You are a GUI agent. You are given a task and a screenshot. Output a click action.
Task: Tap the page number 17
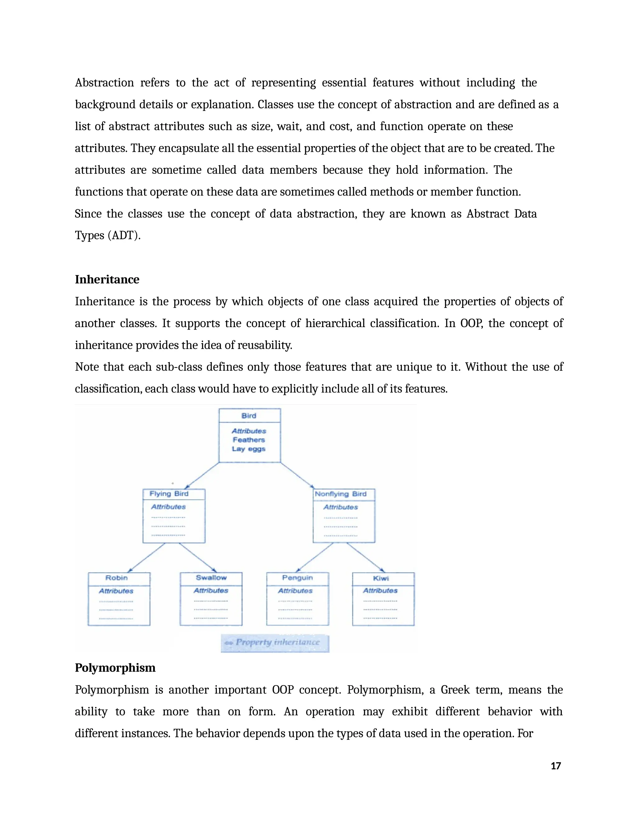click(556, 766)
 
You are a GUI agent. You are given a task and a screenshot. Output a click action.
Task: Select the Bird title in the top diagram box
click(249, 416)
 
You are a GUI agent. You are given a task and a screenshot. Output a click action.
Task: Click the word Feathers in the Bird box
click(249, 440)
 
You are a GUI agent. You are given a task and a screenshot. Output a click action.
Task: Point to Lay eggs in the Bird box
click(249, 449)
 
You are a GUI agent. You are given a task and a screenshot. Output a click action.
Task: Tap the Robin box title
click(116, 578)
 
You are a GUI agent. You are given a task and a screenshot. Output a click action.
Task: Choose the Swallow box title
click(211, 578)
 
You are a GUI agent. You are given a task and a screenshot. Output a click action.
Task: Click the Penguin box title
click(297, 578)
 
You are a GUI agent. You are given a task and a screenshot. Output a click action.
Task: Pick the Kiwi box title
click(381, 578)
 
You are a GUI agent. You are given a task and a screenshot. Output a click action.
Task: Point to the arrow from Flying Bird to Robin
click(147, 557)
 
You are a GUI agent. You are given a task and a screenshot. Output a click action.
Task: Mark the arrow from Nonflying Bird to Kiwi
click(365, 557)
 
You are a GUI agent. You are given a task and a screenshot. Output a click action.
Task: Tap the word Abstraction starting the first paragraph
click(104, 83)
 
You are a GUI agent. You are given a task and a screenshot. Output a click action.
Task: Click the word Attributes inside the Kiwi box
click(380, 590)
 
